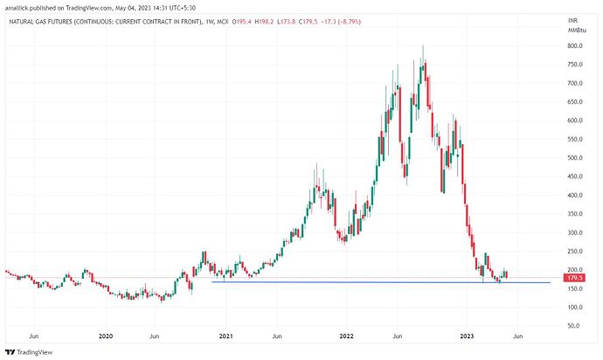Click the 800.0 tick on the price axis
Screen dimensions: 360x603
(x=574, y=45)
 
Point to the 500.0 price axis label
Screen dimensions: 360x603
(x=574, y=158)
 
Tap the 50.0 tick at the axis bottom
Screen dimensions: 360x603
(x=576, y=326)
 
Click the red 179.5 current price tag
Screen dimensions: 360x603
(x=574, y=278)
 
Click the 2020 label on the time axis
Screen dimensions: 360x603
(x=106, y=336)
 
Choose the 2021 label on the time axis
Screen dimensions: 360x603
(x=225, y=336)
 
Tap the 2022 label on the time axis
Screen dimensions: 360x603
(x=346, y=336)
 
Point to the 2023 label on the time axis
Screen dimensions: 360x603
(x=468, y=336)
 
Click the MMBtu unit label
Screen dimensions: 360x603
(x=574, y=31)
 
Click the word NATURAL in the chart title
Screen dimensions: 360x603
(x=24, y=20)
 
